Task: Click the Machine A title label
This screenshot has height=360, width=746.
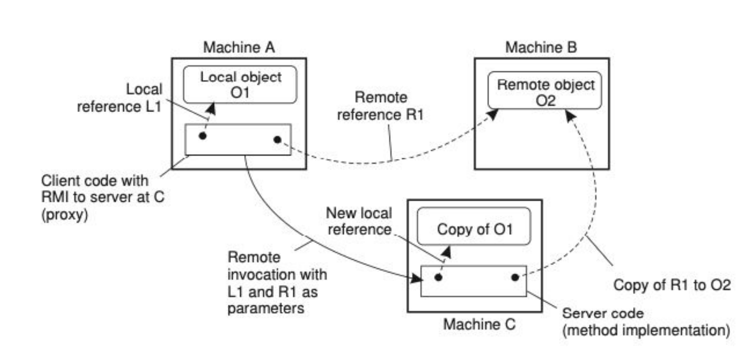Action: pos(239,47)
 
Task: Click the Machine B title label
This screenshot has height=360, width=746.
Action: pos(541,47)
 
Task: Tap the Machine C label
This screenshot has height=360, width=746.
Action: pos(479,324)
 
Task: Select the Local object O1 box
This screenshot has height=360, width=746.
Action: pos(240,84)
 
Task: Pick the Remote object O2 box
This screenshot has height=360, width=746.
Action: pos(545,91)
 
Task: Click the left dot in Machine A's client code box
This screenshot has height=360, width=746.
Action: pos(202,136)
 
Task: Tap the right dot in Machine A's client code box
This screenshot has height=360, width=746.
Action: pos(277,139)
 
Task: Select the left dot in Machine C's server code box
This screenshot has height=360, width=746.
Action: pos(438,277)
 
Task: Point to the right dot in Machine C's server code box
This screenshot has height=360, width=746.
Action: pos(515,277)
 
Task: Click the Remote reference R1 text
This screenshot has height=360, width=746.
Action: pos(380,106)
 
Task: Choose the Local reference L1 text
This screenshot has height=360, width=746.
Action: pos(120,98)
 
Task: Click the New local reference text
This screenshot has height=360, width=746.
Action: pos(359,221)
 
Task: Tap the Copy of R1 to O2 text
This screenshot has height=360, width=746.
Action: pos(672,285)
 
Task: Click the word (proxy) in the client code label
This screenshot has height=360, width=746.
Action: pos(65,214)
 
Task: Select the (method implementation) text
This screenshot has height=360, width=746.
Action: pos(646,330)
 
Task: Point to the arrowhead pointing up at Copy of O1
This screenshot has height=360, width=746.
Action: pos(446,252)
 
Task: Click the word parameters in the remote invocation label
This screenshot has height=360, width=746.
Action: pos(266,308)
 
